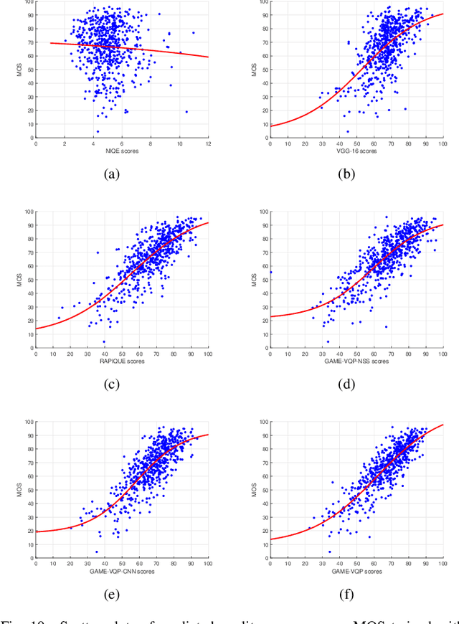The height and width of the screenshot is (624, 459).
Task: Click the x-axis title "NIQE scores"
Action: [x=122, y=151]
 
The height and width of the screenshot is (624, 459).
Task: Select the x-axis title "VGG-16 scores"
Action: [x=356, y=151]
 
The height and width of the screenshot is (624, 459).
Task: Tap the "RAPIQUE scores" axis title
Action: [x=122, y=361]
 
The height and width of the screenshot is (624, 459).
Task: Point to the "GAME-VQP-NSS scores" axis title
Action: [x=356, y=361]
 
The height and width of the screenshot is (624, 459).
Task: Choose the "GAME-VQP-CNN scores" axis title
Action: [x=122, y=571]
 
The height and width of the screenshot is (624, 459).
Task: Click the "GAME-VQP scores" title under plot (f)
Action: [x=356, y=571]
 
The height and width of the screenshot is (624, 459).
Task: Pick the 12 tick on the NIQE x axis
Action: [x=208, y=143]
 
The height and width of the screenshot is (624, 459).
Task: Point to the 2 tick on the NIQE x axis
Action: [x=65, y=143]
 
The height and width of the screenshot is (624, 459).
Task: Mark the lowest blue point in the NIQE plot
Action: [x=98, y=131]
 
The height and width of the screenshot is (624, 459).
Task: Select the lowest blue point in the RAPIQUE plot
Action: [x=104, y=341]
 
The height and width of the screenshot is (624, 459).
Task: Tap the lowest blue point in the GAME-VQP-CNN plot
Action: [x=96, y=552]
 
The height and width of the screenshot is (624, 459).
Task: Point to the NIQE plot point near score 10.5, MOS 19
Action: [x=186, y=111]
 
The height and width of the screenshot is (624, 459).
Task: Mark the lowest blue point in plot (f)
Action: [x=329, y=552]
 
